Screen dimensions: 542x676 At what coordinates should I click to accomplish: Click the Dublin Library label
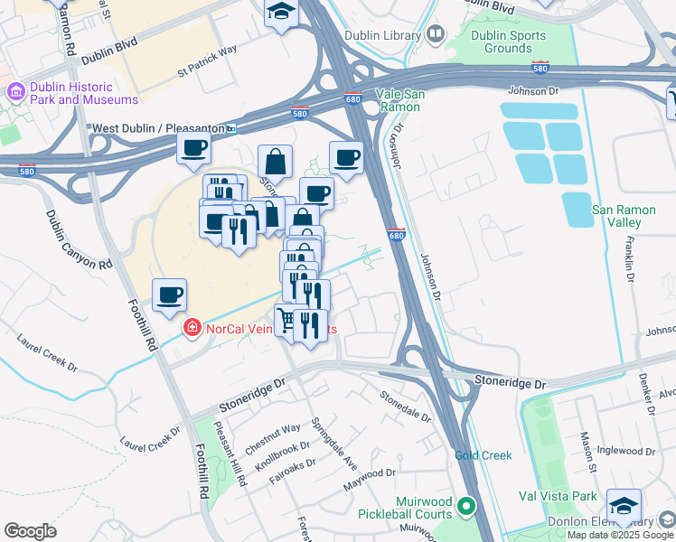[383, 36]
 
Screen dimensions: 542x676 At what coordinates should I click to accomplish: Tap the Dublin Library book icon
[437, 34]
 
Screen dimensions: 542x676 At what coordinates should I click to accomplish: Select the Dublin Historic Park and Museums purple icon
[14, 92]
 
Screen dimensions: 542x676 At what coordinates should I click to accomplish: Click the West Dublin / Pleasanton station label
[157, 129]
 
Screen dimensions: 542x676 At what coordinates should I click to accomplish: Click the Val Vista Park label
[559, 496]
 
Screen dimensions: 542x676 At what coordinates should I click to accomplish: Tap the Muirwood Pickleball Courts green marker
[466, 507]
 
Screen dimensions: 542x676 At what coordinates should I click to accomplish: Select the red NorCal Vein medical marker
[191, 327]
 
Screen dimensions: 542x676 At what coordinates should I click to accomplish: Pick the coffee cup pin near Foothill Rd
[169, 294]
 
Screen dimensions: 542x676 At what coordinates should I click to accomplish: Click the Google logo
[30, 531]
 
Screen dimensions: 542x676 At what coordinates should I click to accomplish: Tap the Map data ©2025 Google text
[619, 535]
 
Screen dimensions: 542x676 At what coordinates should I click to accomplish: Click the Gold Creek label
[484, 456]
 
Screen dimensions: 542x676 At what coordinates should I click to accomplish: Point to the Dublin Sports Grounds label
[509, 42]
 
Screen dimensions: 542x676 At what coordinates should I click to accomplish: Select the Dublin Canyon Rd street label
[80, 241]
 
